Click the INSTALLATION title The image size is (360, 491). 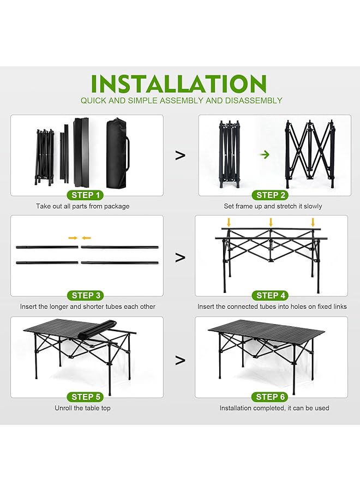[179, 83]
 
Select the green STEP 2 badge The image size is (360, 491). [271, 195]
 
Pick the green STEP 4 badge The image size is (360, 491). [271, 295]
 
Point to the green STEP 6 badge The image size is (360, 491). [271, 397]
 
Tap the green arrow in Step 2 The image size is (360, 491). [265, 155]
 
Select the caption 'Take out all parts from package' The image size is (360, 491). [83, 206]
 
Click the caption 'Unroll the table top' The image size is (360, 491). [82, 408]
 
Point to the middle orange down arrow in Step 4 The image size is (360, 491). [271, 222]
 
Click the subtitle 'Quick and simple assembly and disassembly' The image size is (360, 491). [181, 100]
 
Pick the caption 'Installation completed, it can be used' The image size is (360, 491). [274, 408]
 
